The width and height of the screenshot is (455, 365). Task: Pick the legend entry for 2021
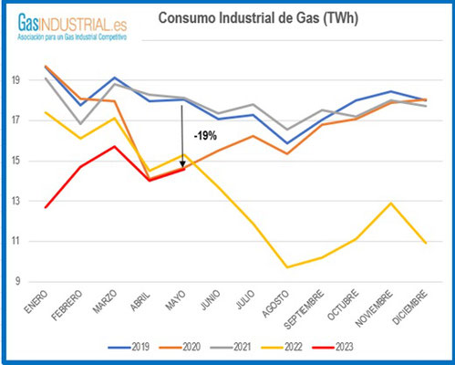pyautogui.click(x=253, y=348)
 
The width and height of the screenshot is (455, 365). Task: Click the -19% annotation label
pyautogui.click(x=203, y=136)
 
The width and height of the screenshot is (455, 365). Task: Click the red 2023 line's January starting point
pyautogui.click(x=47, y=207)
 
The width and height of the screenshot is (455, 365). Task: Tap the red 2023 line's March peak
pyautogui.click(x=113, y=146)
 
